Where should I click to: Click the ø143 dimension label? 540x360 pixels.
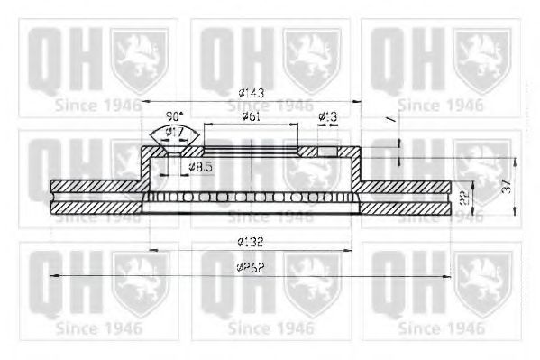[x=251, y=93]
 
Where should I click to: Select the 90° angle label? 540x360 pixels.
[x=175, y=116]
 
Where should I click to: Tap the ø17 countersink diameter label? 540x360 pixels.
[x=175, y=132]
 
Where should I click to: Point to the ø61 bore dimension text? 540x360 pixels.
[x=252, y=116]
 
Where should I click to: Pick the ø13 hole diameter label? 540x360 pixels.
[x=328, y=116]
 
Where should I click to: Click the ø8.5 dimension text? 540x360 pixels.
[x=201, y=167]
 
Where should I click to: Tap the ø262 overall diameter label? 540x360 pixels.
[x=252, y=268]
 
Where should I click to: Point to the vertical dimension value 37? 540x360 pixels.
[x=507, y=185]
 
